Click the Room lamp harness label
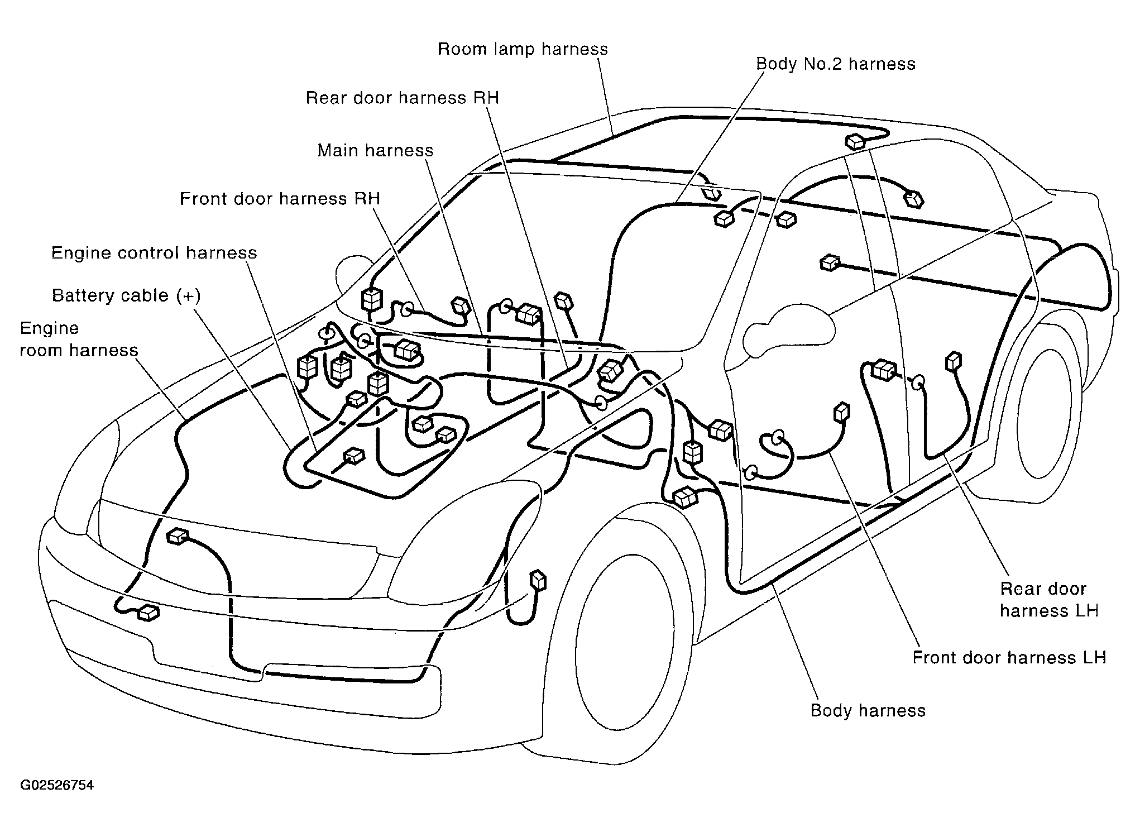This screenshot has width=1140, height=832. tap(523, 49)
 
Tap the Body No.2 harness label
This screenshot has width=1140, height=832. tap(836, 64)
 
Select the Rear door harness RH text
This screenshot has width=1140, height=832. tap(402, 98)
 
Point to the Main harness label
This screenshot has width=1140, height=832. tap(375, 150)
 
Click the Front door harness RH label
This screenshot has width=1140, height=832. tap(280, 199)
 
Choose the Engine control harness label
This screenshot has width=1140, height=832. tap(154, 252)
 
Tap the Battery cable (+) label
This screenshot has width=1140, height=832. tap(126, 295)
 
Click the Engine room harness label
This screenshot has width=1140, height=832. tap(79, 339)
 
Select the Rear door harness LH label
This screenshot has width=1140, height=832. tap(1049, 600)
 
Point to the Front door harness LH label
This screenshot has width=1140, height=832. tap(1009, 657)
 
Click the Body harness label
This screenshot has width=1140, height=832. tap(868, 710)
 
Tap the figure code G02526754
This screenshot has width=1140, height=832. tap(57, 786)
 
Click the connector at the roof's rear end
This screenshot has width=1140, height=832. tap(855, 141)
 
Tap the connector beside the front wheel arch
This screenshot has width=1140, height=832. tap(538, 581)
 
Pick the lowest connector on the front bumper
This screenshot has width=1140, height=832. tap(149, 613)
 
